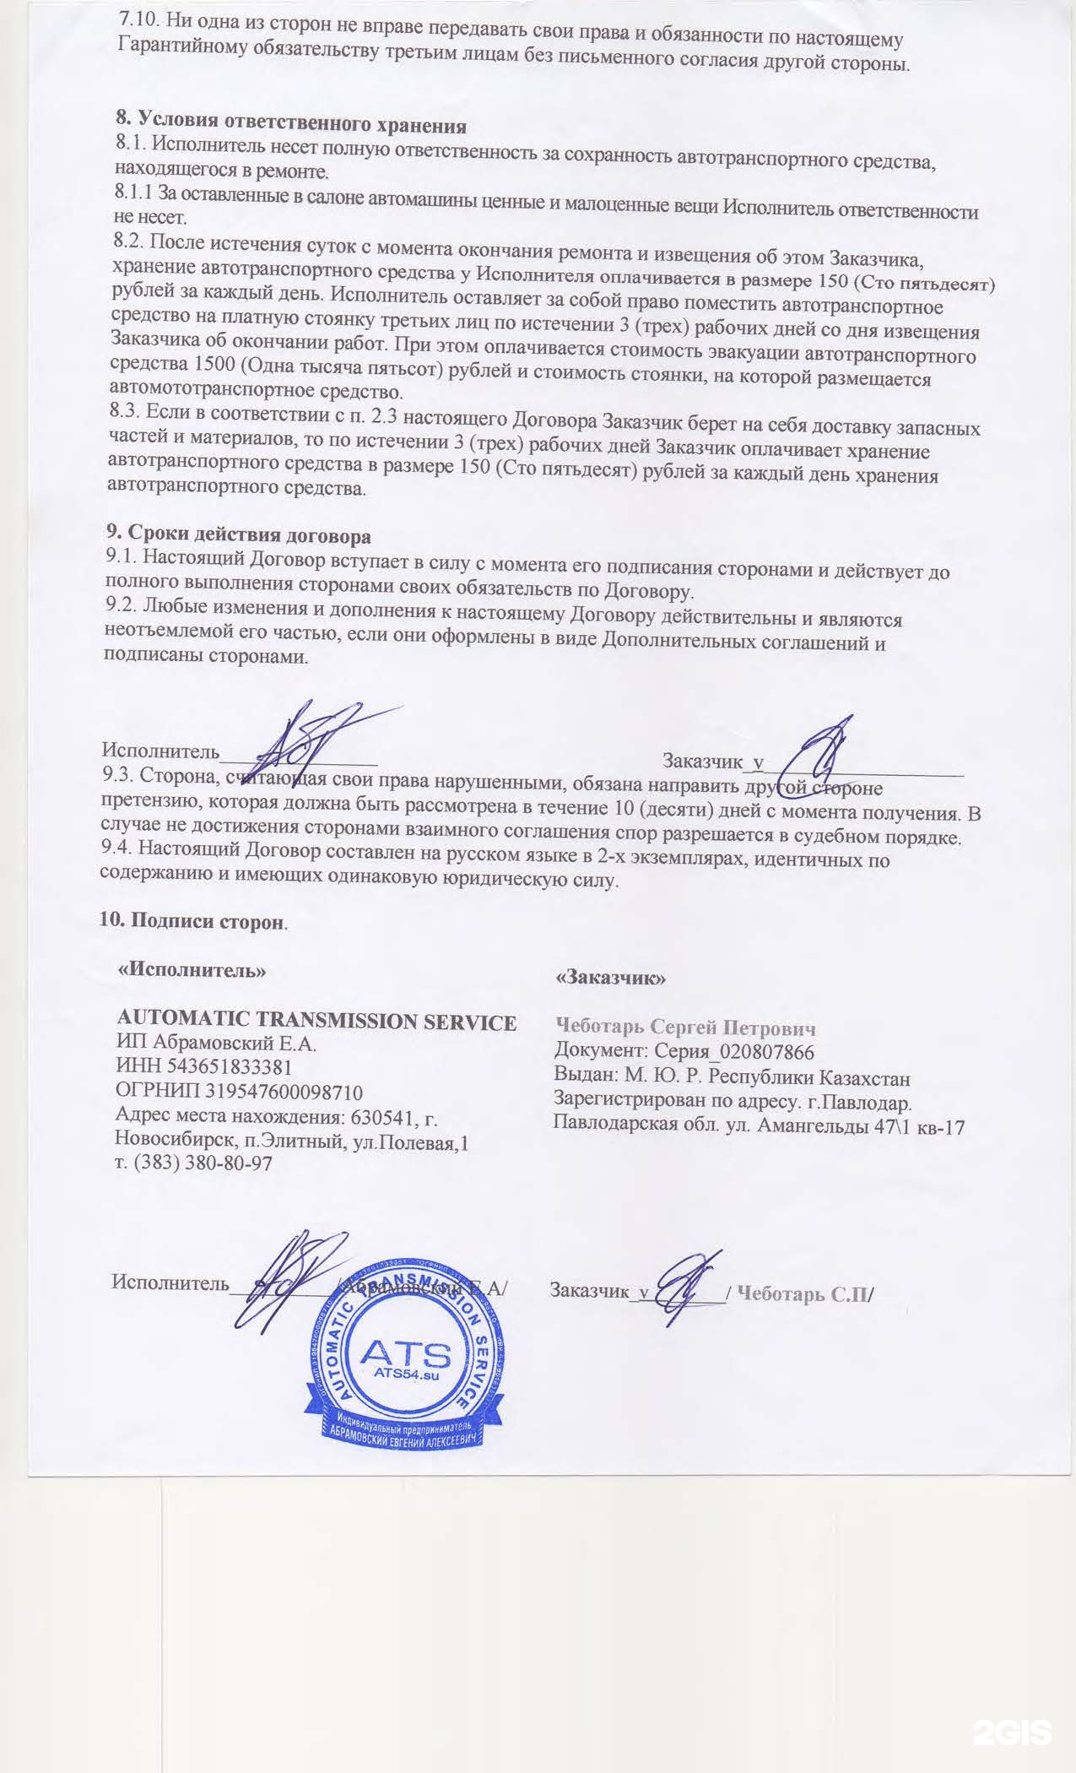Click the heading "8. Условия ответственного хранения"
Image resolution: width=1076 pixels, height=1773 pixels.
pos(291,125)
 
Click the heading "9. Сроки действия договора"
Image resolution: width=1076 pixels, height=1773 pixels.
pos(238,535)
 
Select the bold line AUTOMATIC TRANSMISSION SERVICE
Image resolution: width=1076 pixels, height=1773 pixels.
pos(316,1022)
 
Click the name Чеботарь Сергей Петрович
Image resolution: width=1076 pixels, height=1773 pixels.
pos(684,1027)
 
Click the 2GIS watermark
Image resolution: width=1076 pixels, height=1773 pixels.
pos(1012,1727)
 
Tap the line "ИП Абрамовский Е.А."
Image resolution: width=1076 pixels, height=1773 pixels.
pos(215,1044)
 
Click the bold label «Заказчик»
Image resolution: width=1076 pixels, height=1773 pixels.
pos(611,978)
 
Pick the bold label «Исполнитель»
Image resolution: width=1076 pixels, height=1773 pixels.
pos(192,970)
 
